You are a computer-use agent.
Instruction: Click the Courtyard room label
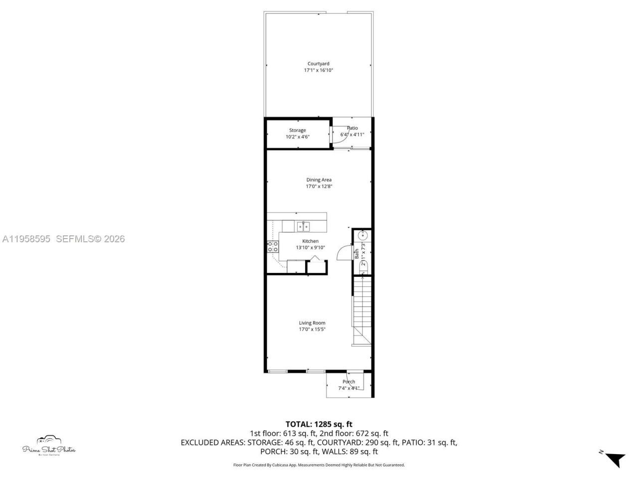click(318, 64)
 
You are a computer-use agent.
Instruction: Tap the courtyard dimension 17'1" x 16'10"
click(318, 71)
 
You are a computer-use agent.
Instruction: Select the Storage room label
click(298, 130)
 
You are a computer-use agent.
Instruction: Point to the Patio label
click(352, 128)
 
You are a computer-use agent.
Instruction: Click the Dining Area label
click(319, 180)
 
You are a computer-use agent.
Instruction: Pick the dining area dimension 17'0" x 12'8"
click(319, 187)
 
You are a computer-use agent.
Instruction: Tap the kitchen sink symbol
click(303, 227)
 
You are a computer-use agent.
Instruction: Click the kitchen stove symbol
click(273, 246)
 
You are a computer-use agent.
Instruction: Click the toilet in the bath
click(363, 266)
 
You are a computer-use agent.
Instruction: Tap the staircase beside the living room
click(362, 309)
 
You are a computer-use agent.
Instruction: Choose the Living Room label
click(312, 323)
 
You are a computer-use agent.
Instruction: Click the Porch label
click(349, 382)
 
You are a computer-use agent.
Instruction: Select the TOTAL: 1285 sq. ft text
click(319, 424)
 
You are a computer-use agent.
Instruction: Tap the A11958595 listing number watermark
click(26, 239)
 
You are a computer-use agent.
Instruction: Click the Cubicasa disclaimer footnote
click(319, 465)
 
